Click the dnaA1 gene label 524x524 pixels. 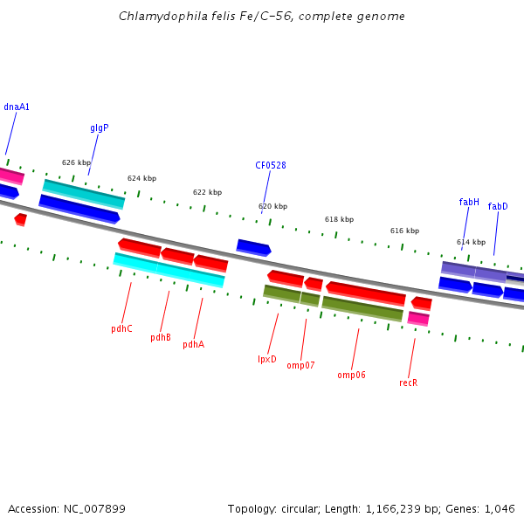17,107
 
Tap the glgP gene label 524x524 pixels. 100,128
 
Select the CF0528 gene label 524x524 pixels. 271,166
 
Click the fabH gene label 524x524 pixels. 469,203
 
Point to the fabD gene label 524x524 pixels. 498,207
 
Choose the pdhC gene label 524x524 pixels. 121,329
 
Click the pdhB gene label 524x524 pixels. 161,338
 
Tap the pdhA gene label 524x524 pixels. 193,345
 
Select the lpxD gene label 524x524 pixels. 266,360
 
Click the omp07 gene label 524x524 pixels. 300,366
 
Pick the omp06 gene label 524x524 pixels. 351,376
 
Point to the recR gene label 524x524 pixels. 408,383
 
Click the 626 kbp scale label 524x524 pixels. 76,162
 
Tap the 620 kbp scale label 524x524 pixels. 272,207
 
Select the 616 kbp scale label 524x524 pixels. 404,231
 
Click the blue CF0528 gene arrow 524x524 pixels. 253,248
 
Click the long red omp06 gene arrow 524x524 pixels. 366,293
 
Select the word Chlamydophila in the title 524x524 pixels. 155,17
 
